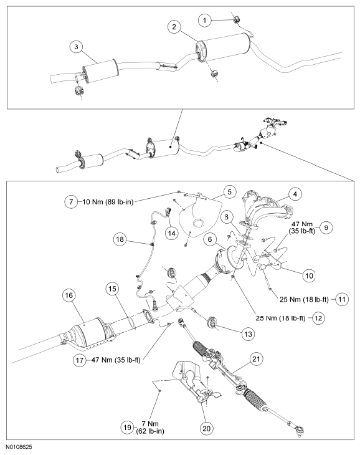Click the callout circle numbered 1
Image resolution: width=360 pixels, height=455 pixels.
(x=205, y=21)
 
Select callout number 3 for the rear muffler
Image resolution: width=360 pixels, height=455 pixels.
(x=76, y=47)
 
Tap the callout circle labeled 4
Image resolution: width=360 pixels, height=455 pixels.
(x=295, y=194)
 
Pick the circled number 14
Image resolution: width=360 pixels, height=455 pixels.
(x=172, y=233)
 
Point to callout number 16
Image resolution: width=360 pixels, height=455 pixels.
(x=69, y=295)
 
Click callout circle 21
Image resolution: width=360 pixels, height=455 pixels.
(x=256, y=359)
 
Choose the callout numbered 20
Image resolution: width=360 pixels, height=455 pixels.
(x=207, y=428)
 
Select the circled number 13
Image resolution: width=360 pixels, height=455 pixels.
(x=249, y=334)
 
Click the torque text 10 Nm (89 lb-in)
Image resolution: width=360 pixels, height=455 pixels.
(x=108, y=202)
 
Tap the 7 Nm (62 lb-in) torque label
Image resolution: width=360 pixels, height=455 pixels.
(x=150, y=428)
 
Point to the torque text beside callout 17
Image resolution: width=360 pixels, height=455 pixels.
(x=116, y=360)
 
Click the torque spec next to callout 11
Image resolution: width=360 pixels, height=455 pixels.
(x=305, y=299)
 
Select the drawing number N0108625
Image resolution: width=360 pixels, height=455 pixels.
(x=20, y=446)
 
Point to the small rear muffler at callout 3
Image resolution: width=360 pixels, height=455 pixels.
(x=100, y=71)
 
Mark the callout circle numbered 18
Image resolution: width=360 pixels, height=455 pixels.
(x=120, y=239)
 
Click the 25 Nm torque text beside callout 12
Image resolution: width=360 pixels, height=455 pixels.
(x=280, y=318)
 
